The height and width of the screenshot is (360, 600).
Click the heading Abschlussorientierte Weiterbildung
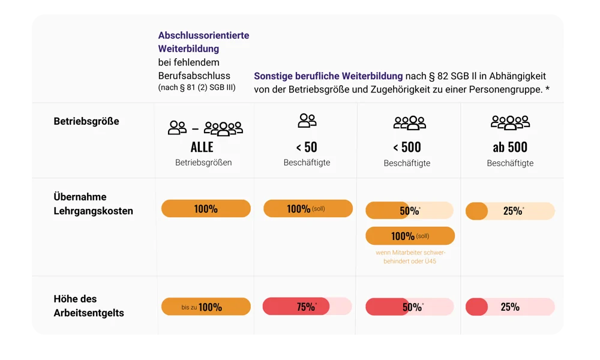[x=203, y=42]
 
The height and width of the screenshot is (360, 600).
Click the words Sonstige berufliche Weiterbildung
[x=328, y=77]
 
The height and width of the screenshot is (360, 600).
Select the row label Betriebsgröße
[x=86, y=121]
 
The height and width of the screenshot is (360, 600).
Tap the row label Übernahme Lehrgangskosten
[x=93, y=204]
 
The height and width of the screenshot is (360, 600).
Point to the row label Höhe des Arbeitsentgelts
[x=88, y=306]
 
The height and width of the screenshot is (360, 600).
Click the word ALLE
[x=202, y=148]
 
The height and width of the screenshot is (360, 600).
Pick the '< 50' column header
[x=307, y=147]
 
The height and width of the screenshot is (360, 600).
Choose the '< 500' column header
[x=407, y=147]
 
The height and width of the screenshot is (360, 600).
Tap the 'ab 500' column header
[x=510, y=147]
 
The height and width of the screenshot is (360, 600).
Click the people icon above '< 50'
[x=307, y=121]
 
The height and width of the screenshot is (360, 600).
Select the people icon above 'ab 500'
[x=510, y=122]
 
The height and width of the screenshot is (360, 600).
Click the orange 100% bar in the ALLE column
[x=206, y=209]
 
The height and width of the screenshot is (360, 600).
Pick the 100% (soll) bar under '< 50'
[x=308, y=209]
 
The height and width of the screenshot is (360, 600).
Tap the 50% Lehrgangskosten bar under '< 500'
[x=410, y=211]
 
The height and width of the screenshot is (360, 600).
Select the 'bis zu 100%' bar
[x=206, y=307]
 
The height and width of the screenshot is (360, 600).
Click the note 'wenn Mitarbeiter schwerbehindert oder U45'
[x=410, y=257]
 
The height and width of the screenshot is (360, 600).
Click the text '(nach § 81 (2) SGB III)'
[x=197, y=88]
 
